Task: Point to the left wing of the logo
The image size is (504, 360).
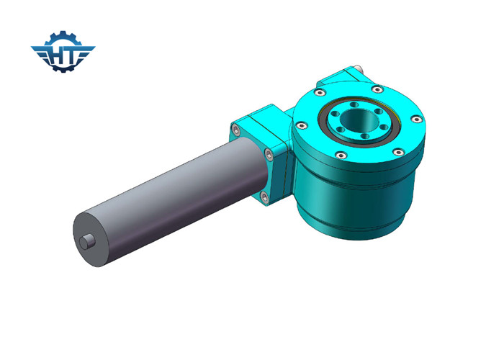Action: (x=40, y=50)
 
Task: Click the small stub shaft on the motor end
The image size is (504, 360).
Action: (x=89, y=242)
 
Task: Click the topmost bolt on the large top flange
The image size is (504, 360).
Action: (x=377, y=89)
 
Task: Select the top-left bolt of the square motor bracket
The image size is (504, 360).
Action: (x=235, y=130)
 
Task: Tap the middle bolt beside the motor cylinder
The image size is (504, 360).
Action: (x=268, y=152)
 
